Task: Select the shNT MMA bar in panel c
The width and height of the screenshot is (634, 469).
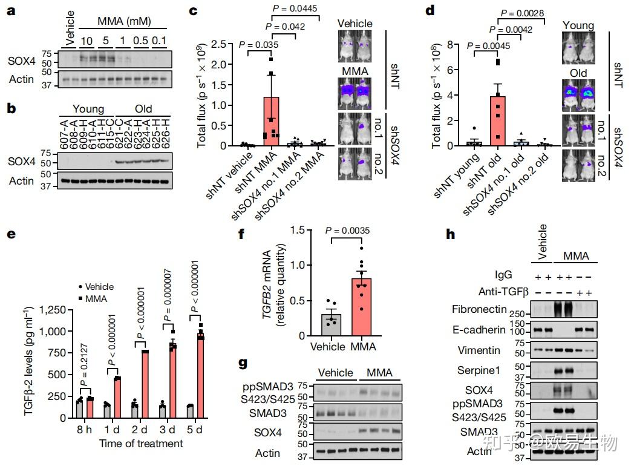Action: point(271,121)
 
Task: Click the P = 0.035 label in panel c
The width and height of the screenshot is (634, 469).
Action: point(259,44)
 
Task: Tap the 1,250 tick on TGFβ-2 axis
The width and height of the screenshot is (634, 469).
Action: point(56,310)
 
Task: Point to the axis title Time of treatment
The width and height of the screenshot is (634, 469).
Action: point(141,444)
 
